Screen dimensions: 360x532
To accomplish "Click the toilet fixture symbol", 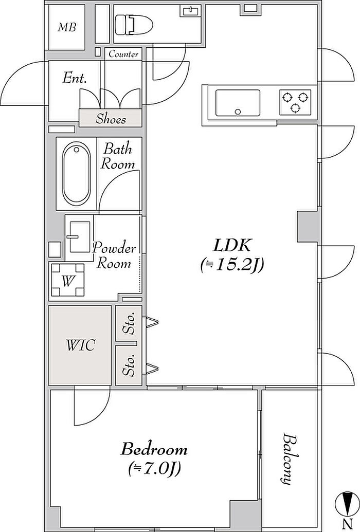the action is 134,25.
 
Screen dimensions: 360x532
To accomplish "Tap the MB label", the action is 67,27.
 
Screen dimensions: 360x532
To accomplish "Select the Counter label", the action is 123,54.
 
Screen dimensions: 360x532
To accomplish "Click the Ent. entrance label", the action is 75,78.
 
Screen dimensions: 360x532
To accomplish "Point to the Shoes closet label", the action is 111,119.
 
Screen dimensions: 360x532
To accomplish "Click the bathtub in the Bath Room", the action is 77,174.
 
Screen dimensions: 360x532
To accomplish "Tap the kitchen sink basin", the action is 238,103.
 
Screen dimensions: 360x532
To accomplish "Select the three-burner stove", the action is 295,101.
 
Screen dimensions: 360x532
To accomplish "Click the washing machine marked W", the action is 68,281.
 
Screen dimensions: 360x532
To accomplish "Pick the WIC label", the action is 80,345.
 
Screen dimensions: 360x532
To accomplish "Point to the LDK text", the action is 232,245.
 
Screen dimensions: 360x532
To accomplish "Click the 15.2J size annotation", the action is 232,265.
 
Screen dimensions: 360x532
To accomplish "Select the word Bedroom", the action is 154,450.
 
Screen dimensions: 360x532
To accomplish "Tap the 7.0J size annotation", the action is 154,469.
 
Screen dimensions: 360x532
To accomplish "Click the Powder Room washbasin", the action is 80,237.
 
